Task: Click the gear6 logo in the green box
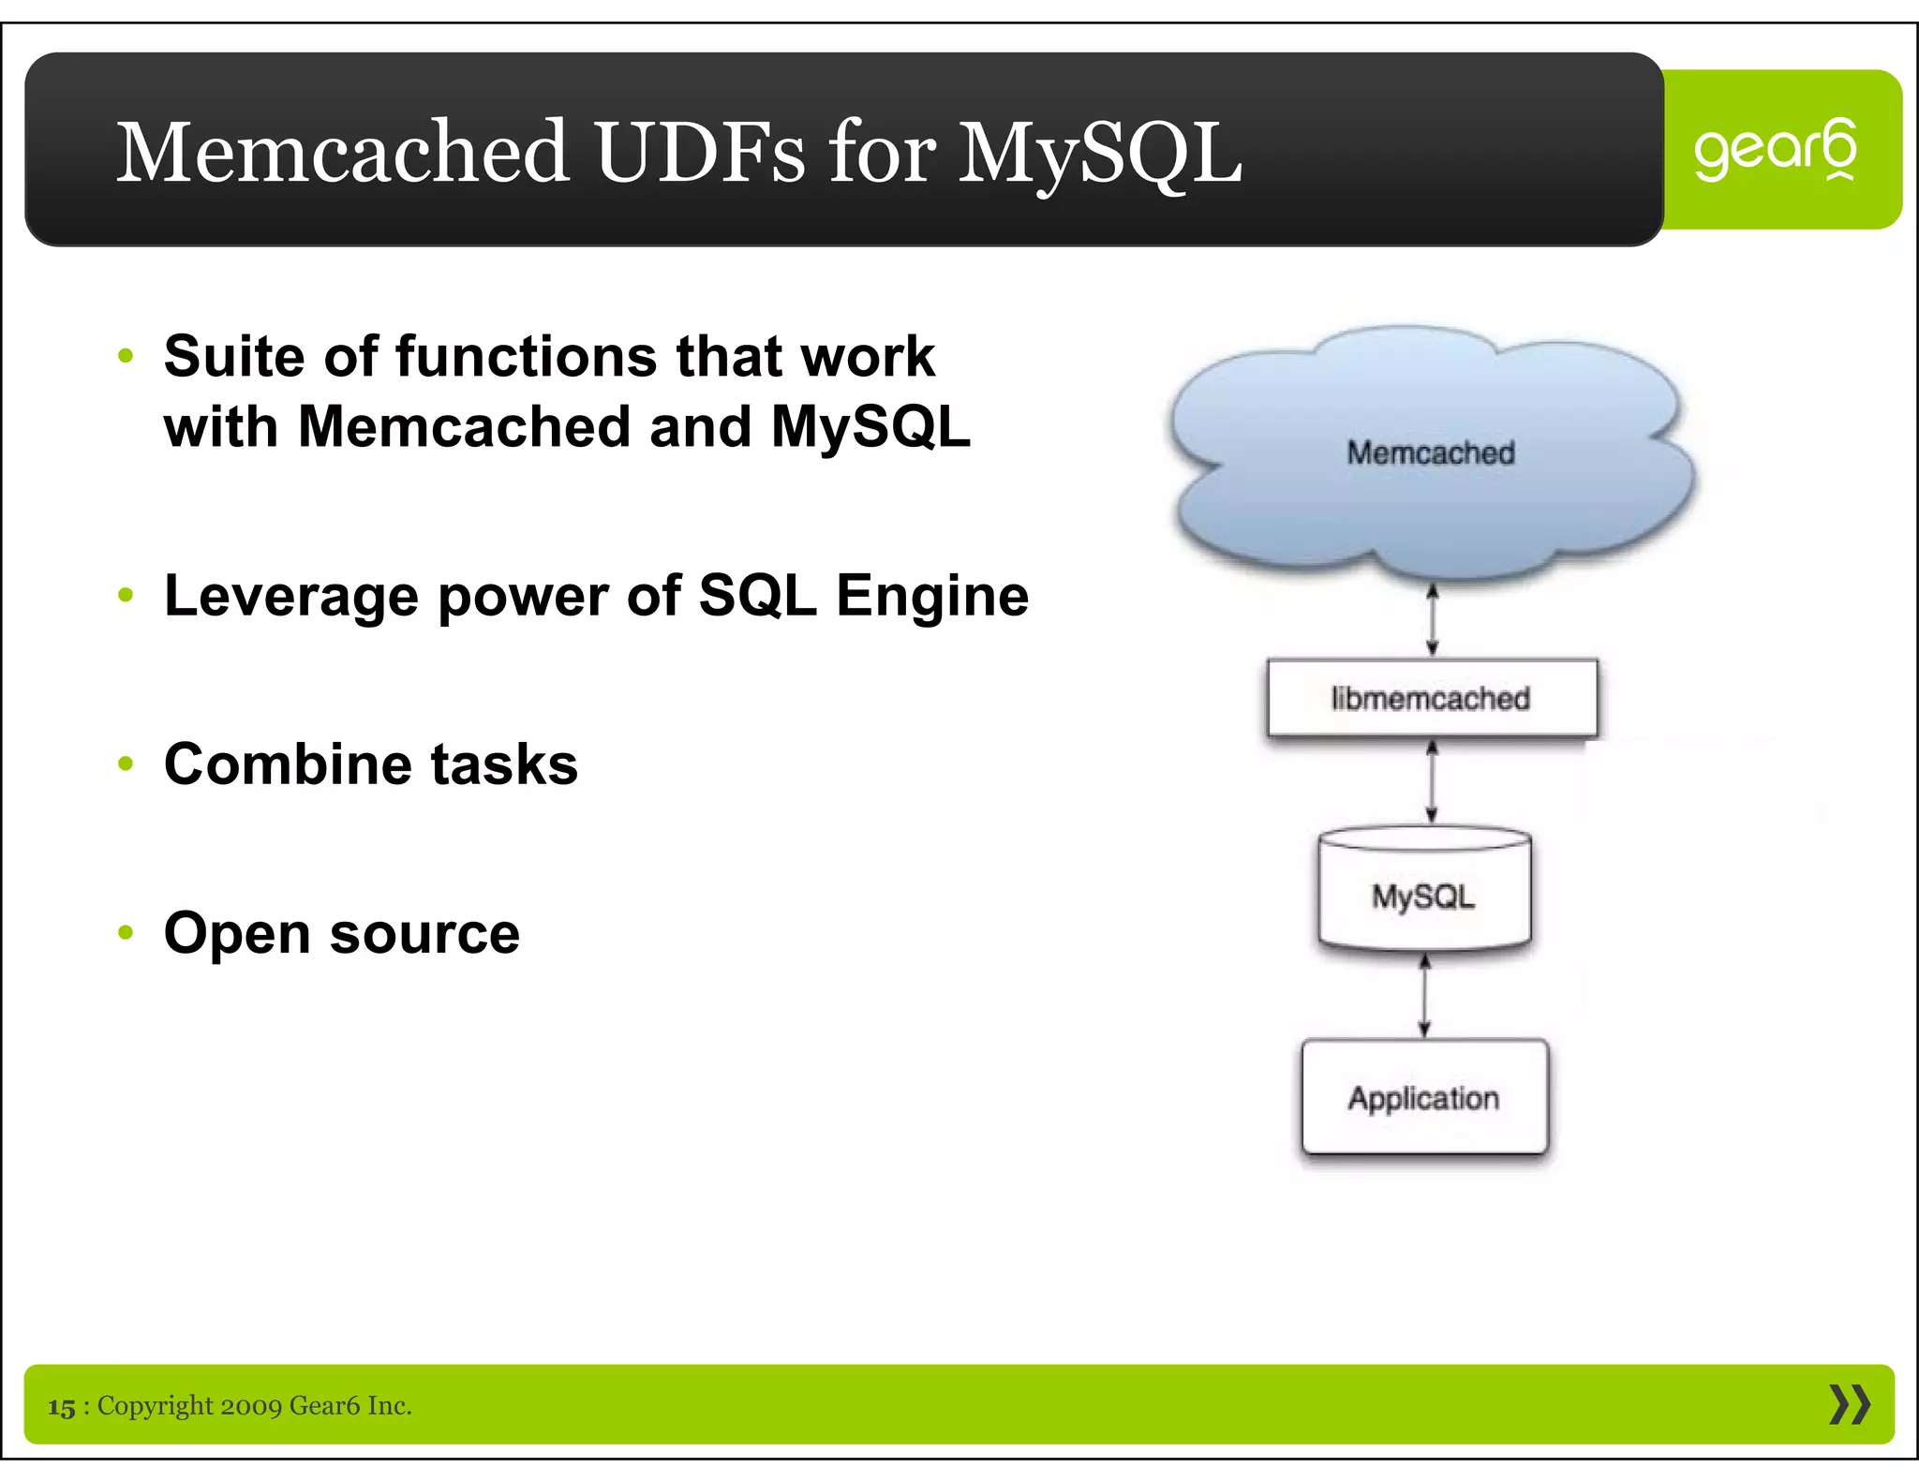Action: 1775,149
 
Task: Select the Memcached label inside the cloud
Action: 1430,452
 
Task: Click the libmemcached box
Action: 1431,699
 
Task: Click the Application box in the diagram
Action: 1424,1098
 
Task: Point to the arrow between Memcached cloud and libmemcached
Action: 1432,620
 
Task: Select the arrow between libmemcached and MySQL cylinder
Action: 1431,782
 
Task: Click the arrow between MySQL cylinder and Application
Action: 1424,996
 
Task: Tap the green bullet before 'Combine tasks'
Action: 126,763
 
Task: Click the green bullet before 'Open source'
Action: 126,932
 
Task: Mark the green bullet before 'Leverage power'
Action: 126,595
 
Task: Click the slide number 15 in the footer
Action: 62,1407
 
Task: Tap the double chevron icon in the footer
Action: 1849,1405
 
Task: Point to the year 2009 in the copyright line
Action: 251,1406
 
